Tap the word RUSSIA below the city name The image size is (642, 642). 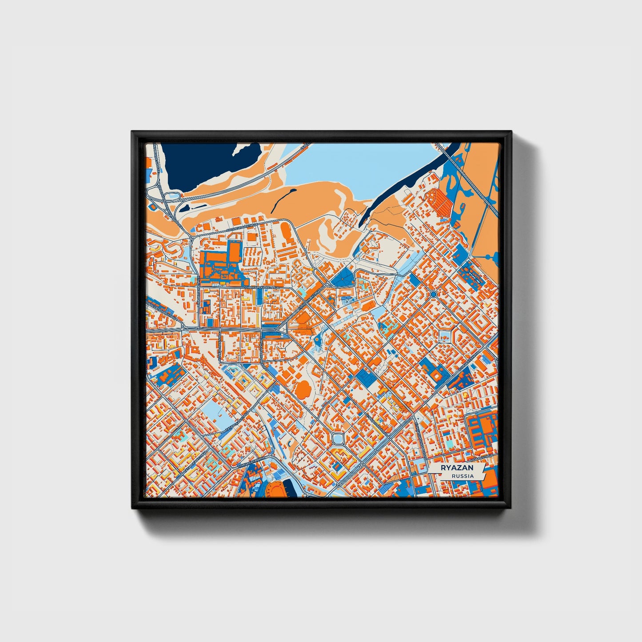click(x=462, y=476)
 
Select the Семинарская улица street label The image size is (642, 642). click(x=261, y=287)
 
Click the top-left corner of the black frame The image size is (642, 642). click(x=133, y=132)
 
